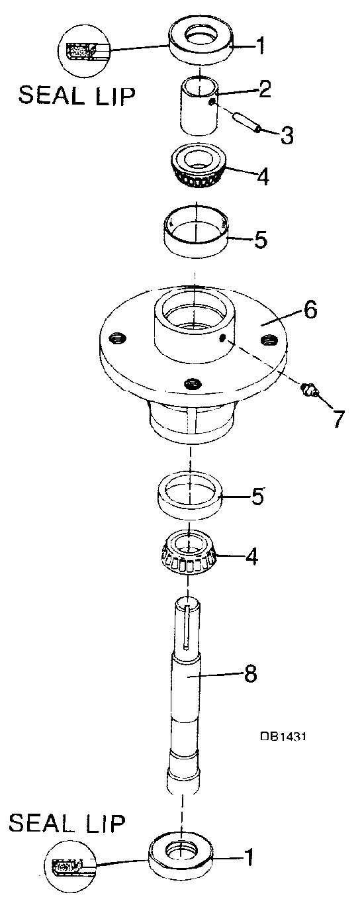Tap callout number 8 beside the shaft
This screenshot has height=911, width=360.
250,674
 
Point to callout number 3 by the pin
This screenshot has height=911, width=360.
287,136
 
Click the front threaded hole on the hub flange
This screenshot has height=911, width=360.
192,383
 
